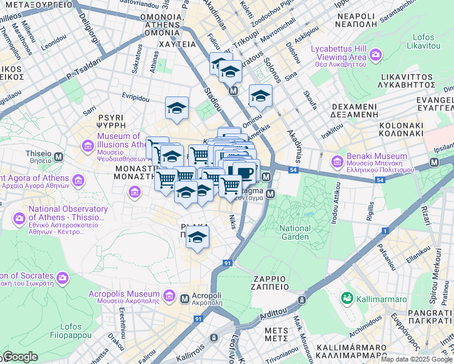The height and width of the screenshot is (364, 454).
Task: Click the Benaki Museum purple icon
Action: (x=337, y=162)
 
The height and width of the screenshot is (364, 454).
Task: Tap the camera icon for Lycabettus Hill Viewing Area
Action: (x=375, y=56)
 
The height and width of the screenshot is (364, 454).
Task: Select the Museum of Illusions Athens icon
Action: (x=88, y=146)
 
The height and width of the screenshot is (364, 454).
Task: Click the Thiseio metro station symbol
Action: (x=59, y=157)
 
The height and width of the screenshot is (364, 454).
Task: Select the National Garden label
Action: (x=294, y=232)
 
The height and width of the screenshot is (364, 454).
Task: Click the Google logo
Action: (x=21, y=357)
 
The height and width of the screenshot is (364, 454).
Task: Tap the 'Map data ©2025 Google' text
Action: (x=416, y=359)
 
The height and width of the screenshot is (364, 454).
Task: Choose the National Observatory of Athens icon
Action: (x=18, y=216)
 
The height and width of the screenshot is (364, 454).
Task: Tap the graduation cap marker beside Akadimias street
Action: (x=260, y=96)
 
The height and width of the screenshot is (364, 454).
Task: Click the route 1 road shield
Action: (x=385, y=231)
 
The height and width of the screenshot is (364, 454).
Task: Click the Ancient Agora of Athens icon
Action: (x=78, y=180)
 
